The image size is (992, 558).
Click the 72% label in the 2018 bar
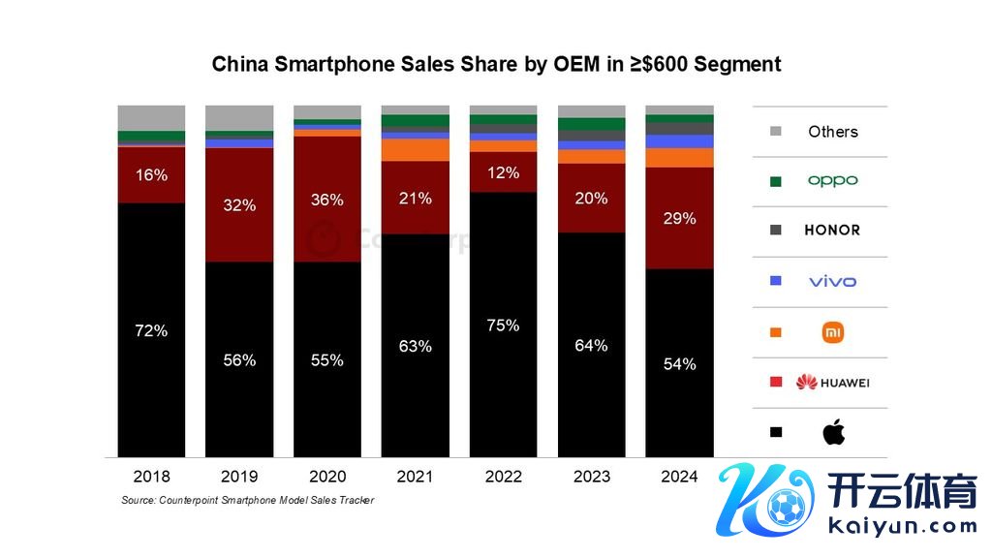(x=151, y=330)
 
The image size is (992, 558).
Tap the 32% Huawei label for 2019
(x=239, y=205)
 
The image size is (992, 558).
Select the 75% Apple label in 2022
(x=503, y=325)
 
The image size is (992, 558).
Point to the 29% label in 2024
(x=679, y=219)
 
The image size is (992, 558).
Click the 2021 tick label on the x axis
(x=415, y=477)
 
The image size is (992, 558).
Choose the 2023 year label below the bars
(x=591, y=477)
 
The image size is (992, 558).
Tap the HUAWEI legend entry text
(x=844, y=383)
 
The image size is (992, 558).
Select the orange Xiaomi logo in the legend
(x=833, y=332)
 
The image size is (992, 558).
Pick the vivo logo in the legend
(x=833, y=282)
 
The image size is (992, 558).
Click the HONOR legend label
(x=832, y=231)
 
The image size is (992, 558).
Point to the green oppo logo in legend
(x=833, y=181)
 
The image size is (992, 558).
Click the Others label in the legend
(x=833, y=132)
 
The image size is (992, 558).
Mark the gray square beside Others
(x=775, y=132)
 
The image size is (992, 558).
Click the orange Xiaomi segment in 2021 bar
(x=415, y=150)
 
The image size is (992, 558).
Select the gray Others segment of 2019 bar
(x=239, y=117)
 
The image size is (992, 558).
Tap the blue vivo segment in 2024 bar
(x=679, y=141)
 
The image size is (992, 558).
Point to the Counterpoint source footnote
(x=247, y=500)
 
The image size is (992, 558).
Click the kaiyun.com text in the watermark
(x=904, y=526)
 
